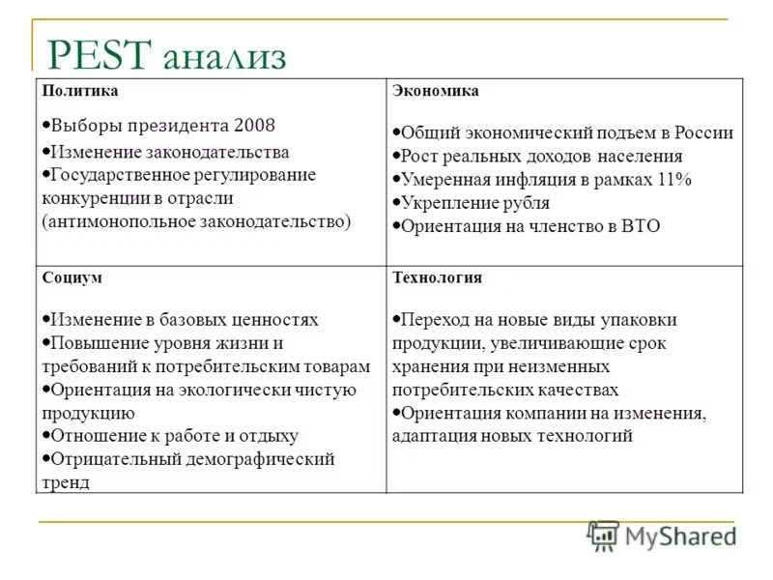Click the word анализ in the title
[x=225, y=58]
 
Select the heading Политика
[x=80, y=90]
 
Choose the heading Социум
[x=72, y=276]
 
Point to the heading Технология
[x=437, y=276]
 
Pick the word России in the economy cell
[x=701, y=133]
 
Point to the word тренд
[x=66, y=481]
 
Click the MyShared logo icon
[x=603, y=535]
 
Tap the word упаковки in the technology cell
[x=643, y=319]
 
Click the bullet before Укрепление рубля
[x=396, y=203]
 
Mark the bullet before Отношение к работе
[x=46, y=436]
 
